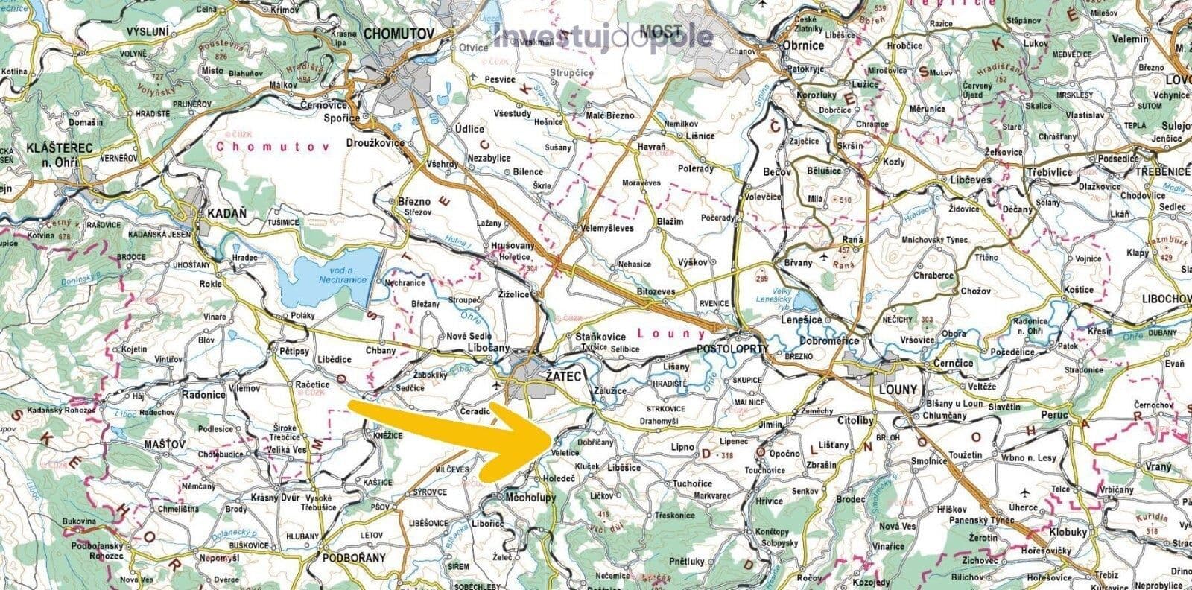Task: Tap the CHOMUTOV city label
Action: click(399, 34)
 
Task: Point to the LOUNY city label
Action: click(898, 390)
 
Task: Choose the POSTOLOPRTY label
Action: click(730, 349)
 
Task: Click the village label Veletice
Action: click(566, 452)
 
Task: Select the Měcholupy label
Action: click(530, 497)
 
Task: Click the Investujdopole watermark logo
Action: click(603, 36)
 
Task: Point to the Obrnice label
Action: click(803, 45)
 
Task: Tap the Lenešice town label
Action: click(801, 320)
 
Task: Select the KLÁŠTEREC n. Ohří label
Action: click(58, 153)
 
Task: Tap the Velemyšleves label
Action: click(607, 228)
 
